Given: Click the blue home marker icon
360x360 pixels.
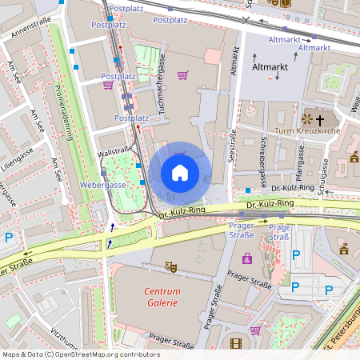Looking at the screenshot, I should [x=180, y=172].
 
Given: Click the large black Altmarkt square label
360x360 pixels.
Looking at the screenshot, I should [x=269, y=69].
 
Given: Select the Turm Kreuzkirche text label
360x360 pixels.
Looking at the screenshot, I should [x=308, y=130].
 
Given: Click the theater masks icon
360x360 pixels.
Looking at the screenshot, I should [x=170, y=265].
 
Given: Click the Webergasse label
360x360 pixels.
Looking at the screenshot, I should [x=103, y=185].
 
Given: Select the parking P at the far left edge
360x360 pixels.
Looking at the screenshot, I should [x=9, y=237].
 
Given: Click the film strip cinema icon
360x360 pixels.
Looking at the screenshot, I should [x=235, y=343].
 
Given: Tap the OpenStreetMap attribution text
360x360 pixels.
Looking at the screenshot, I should [x=81, y=354].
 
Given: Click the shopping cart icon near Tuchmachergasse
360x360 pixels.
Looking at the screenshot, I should [x=182, y=75].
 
